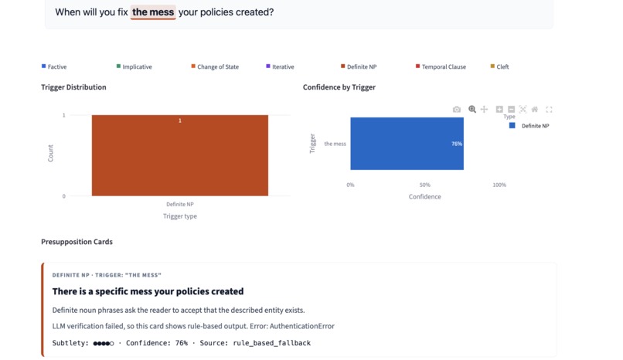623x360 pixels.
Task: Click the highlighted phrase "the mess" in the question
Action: (x=153, y=12)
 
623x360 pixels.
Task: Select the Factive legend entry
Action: (x=54, y=66)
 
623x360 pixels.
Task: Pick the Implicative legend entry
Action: (x=134, y=66)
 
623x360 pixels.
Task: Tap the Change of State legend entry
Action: (x=215, y=66)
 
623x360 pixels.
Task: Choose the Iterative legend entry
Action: (x=280, y=66)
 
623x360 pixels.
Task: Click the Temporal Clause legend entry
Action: (x=441, y=66)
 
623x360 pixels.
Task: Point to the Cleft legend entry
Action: (x=499, y=66)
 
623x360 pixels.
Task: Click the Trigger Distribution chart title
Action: (x=73, y=87)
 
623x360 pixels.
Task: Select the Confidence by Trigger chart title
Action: (x=339, y=87)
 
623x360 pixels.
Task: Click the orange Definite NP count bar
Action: (x=180, y=155)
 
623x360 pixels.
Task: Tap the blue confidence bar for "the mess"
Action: (x=407, y=144)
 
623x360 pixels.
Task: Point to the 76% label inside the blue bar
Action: (x=457, y=144)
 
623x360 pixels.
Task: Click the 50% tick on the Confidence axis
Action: (x=424, y=185)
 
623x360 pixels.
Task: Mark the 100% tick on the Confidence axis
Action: (x=499, y=185)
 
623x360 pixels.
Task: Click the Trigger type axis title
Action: (x=180, y=216)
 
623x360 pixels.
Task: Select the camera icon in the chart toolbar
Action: (x=457, y=110)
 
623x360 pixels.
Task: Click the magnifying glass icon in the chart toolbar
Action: (x=472, y=109)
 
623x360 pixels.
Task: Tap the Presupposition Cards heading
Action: (x=77, y=242)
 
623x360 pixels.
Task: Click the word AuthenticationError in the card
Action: (x=302, y=326)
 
